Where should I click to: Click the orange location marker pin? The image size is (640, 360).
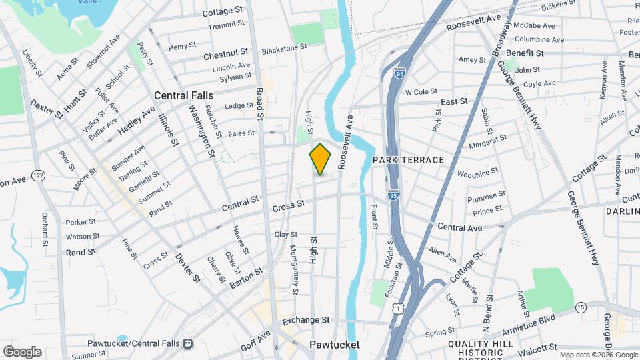point(320,159)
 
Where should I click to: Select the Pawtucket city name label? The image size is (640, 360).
point(335,345)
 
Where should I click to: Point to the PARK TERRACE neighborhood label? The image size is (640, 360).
point(408,160)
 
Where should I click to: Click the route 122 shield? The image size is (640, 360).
point(38,175)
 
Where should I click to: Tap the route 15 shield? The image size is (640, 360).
point(581,307)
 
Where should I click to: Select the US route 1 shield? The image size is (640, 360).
point(398,308)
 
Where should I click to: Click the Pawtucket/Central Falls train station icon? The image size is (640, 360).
point(188,344)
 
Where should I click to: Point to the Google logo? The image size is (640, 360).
point(22,351)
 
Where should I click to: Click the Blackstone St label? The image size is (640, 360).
point(284,48)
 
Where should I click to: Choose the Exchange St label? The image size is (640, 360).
point(306,321)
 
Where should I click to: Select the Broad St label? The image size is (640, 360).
point(260,101)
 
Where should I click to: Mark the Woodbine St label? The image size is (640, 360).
point(477,173)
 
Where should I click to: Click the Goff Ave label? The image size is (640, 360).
point(255,338)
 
